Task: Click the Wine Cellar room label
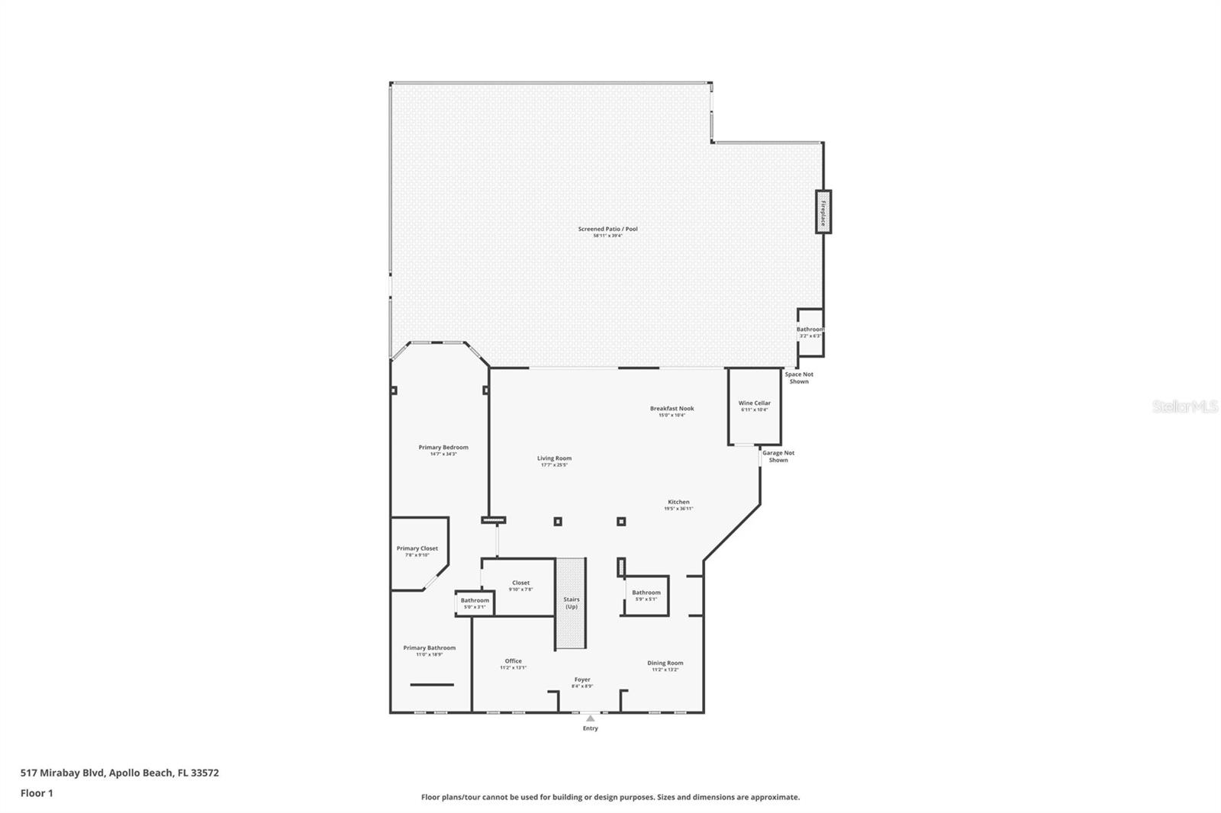754,403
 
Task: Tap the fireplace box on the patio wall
823,211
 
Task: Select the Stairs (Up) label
572,603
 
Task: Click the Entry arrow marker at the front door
590,718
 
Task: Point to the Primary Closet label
417,548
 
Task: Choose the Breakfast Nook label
672,408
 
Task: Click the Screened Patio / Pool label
607,229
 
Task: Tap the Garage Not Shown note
778,456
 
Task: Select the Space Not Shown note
799,378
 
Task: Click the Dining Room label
665,663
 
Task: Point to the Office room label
513,661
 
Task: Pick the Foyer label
582,680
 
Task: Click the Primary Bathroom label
429,648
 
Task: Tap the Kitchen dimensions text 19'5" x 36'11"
678,509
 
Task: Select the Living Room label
554,458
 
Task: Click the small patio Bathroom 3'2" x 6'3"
810,333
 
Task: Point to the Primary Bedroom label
443,447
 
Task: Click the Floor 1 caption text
37,793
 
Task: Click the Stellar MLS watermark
1184,407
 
